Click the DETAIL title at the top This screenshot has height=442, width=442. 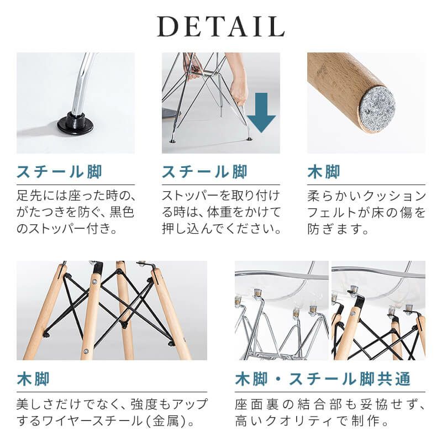[220, 27]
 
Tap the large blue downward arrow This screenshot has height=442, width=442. [261, 113]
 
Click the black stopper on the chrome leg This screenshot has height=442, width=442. [75, 124]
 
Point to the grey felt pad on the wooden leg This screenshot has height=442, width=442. [377, 104]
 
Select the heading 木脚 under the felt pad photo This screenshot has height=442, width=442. [324, 172]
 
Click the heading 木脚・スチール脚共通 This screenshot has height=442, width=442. [323, 379]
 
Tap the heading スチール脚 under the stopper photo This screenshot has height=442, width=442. [59, 172]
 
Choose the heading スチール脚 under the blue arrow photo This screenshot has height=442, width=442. [204, 172]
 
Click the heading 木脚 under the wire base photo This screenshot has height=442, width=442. [33, 379]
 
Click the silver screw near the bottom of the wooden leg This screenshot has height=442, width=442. [86, 351]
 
